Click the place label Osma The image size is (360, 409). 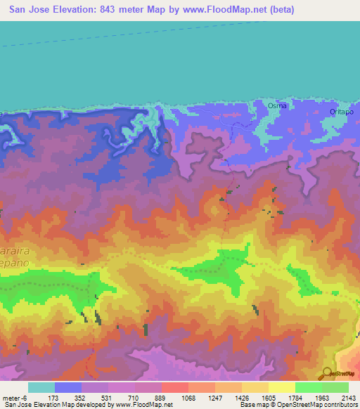277,105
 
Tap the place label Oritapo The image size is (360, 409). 341,112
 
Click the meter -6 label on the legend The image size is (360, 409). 14,397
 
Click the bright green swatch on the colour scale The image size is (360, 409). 308,387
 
